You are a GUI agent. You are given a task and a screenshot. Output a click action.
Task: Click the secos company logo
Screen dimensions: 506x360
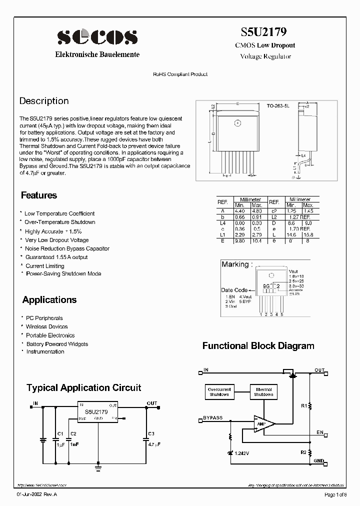[x=96, y=37]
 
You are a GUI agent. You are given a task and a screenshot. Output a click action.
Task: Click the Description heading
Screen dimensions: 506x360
[x=44, y=101]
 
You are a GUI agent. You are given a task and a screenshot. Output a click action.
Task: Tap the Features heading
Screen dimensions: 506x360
[x=39, y=195]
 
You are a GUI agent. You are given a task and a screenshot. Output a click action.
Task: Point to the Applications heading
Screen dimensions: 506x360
[x=49, y=300]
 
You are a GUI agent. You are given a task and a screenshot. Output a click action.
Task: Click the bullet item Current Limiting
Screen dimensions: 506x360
[x=45, y=266]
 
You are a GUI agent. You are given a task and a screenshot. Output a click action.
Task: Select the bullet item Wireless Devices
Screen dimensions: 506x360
[x=47, y=326]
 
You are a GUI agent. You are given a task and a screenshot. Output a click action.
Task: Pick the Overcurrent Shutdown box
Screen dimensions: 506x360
[x=218, y=392]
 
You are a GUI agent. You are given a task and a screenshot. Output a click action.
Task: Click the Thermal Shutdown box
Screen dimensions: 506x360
[x=263, y=392]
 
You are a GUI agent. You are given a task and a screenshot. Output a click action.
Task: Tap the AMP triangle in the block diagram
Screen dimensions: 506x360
[x=262, y=424]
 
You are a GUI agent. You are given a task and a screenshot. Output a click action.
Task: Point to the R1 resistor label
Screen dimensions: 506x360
[x=303, y=406]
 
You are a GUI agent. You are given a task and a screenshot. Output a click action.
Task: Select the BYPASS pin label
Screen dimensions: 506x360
[x=213, y=417]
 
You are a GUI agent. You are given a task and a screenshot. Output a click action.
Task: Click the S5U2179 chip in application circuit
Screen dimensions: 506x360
[x=97, y=412]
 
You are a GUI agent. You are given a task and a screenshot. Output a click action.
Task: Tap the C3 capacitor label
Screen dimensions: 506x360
[x=151, y=433]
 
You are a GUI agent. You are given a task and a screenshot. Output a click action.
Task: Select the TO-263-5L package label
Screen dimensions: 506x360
[x=278, y=106]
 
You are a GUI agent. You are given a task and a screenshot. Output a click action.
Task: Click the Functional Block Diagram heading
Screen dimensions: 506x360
[x=258, y=346]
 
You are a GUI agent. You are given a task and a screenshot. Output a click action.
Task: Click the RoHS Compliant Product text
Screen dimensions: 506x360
[x=180, y=74]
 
